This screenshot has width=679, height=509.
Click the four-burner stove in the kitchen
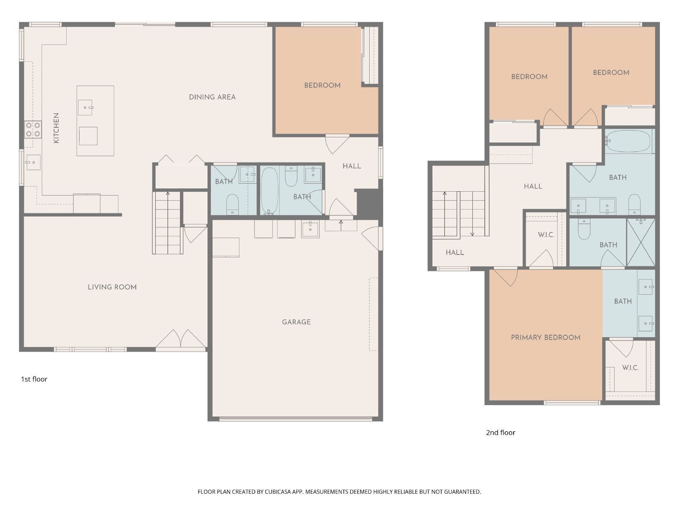[x=33, y=129]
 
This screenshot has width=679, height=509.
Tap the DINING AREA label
[x=212, y=97]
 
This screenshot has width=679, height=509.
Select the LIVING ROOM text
[x=112, y=287]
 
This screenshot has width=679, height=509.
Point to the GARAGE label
[x=296, y=322]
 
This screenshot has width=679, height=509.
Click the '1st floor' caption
[x=34, y=379]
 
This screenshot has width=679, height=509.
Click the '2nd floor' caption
[x=500, y=433]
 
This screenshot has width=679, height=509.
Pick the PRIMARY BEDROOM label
[x=545, y=338]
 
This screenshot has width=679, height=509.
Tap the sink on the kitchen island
[x=85, y=108]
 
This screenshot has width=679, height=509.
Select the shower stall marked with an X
[x=641, y=242]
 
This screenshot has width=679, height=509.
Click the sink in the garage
[x=310, y=229]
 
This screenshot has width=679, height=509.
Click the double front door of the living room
[x=181, y=340]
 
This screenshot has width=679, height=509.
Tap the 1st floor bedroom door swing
[x=337, y=144]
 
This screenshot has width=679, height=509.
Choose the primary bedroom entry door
[x=505, y=277]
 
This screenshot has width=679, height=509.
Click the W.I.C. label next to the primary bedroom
[x=630, y=368]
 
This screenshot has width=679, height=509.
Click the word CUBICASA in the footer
[x=278, y=492]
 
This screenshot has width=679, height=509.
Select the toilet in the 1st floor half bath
[x=232, y=204]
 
